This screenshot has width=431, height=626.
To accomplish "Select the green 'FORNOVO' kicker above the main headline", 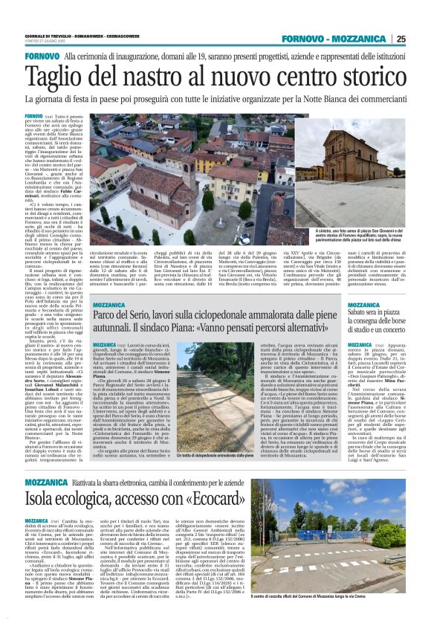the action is click(x=42, y=57).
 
